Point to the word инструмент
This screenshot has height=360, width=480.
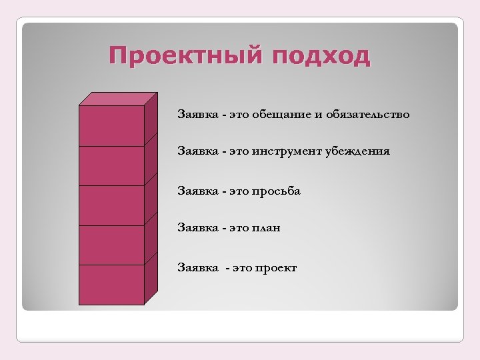tap(287, 151)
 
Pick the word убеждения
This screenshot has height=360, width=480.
tap(357, 151)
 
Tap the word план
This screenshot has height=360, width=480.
tap(266, 228)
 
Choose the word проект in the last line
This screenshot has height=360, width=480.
tap(275, 268)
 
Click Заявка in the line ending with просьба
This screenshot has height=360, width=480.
tap(197, 191)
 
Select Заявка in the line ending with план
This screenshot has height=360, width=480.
tap(197, 228)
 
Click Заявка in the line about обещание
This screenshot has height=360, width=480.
tap(197, 115)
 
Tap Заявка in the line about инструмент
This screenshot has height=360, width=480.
tap(197, 151)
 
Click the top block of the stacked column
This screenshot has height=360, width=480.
tap(112, 125)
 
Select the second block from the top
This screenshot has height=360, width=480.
tap(112, 165)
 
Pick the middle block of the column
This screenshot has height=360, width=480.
tap(112, 205)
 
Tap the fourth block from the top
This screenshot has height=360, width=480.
tap(112, 245)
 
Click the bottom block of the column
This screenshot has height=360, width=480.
tap(112, 285)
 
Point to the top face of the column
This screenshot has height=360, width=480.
tap(119, 99)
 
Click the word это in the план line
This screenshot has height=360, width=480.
tap(239, 228)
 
